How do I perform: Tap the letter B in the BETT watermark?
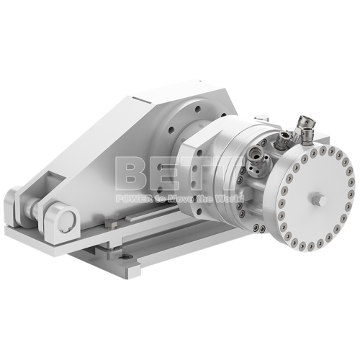(x=134, y=176)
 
